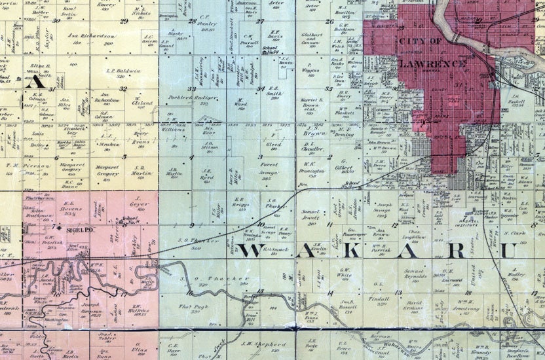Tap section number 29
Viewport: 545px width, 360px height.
124,20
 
